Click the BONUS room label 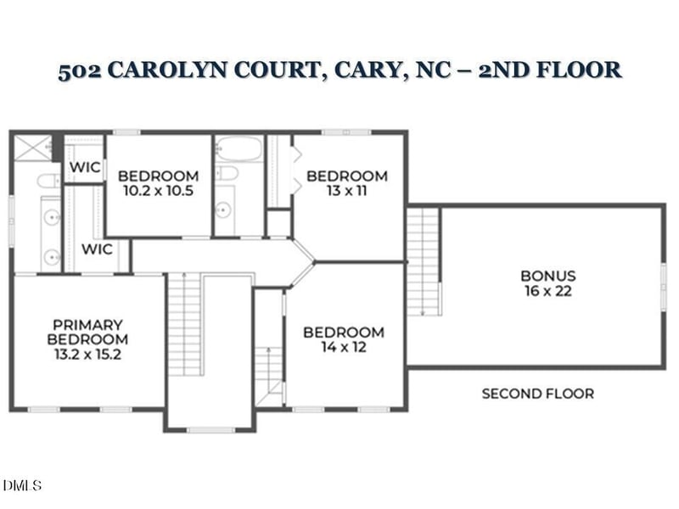[547, 276]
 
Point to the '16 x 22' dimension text [547, 291]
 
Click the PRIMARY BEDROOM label [87, 332]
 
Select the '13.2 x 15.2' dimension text [87, 355]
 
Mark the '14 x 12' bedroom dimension [344, 347]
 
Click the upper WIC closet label [85, 168]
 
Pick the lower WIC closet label [97, 249]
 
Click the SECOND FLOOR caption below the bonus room [537, 394]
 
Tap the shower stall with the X [32, 150]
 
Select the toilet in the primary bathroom [50, 180]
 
